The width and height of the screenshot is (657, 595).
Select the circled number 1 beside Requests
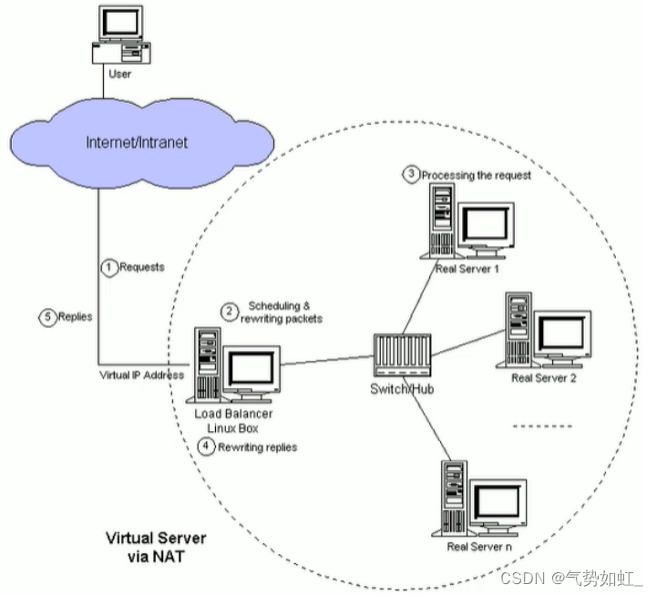pos(108,267)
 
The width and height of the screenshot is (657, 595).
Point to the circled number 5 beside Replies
pos(48,316)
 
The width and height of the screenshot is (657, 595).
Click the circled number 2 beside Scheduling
pos(231,312)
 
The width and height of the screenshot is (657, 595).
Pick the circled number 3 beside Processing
pos(411,174)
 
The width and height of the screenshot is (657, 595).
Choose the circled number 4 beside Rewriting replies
pos(208,446)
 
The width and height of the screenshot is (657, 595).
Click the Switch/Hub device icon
pos(402,356)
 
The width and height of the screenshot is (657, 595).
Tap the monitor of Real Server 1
pos(484,228)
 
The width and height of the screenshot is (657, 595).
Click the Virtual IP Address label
pos(141,375)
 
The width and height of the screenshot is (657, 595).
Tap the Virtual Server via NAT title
pos(156,547)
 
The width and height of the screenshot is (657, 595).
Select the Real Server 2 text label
pos(543,378)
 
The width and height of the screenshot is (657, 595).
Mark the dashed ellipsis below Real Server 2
pos(544,426)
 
